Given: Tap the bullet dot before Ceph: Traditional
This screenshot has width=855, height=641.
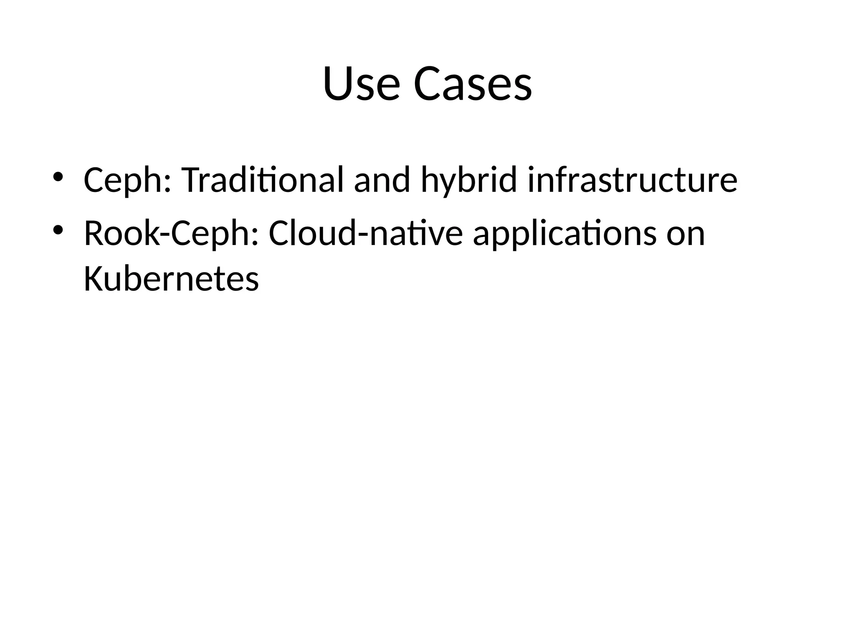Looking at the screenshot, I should coord(58,177).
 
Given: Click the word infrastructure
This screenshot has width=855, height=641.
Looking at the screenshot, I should coord(632,180).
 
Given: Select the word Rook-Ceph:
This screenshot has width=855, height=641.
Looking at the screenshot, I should coord(171,234).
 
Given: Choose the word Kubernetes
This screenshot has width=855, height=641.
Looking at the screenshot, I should coord(171,279).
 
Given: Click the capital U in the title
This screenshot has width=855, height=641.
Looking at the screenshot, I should coord(338,83).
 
